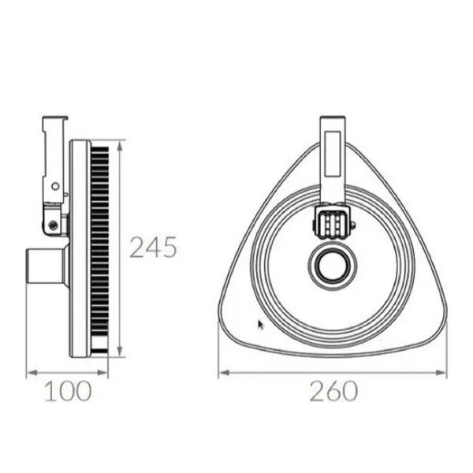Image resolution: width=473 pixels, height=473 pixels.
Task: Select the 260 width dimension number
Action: click(333, 390)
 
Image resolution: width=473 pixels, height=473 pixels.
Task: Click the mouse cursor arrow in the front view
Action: click(262, 323)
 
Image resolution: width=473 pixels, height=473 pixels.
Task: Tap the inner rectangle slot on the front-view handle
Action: click(331, 155)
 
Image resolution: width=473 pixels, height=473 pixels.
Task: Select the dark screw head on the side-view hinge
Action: click(52, 225)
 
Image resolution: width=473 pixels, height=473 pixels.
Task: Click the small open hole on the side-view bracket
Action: click(54, 187)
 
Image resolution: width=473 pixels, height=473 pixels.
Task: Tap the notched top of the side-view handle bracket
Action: click(51, 121)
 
